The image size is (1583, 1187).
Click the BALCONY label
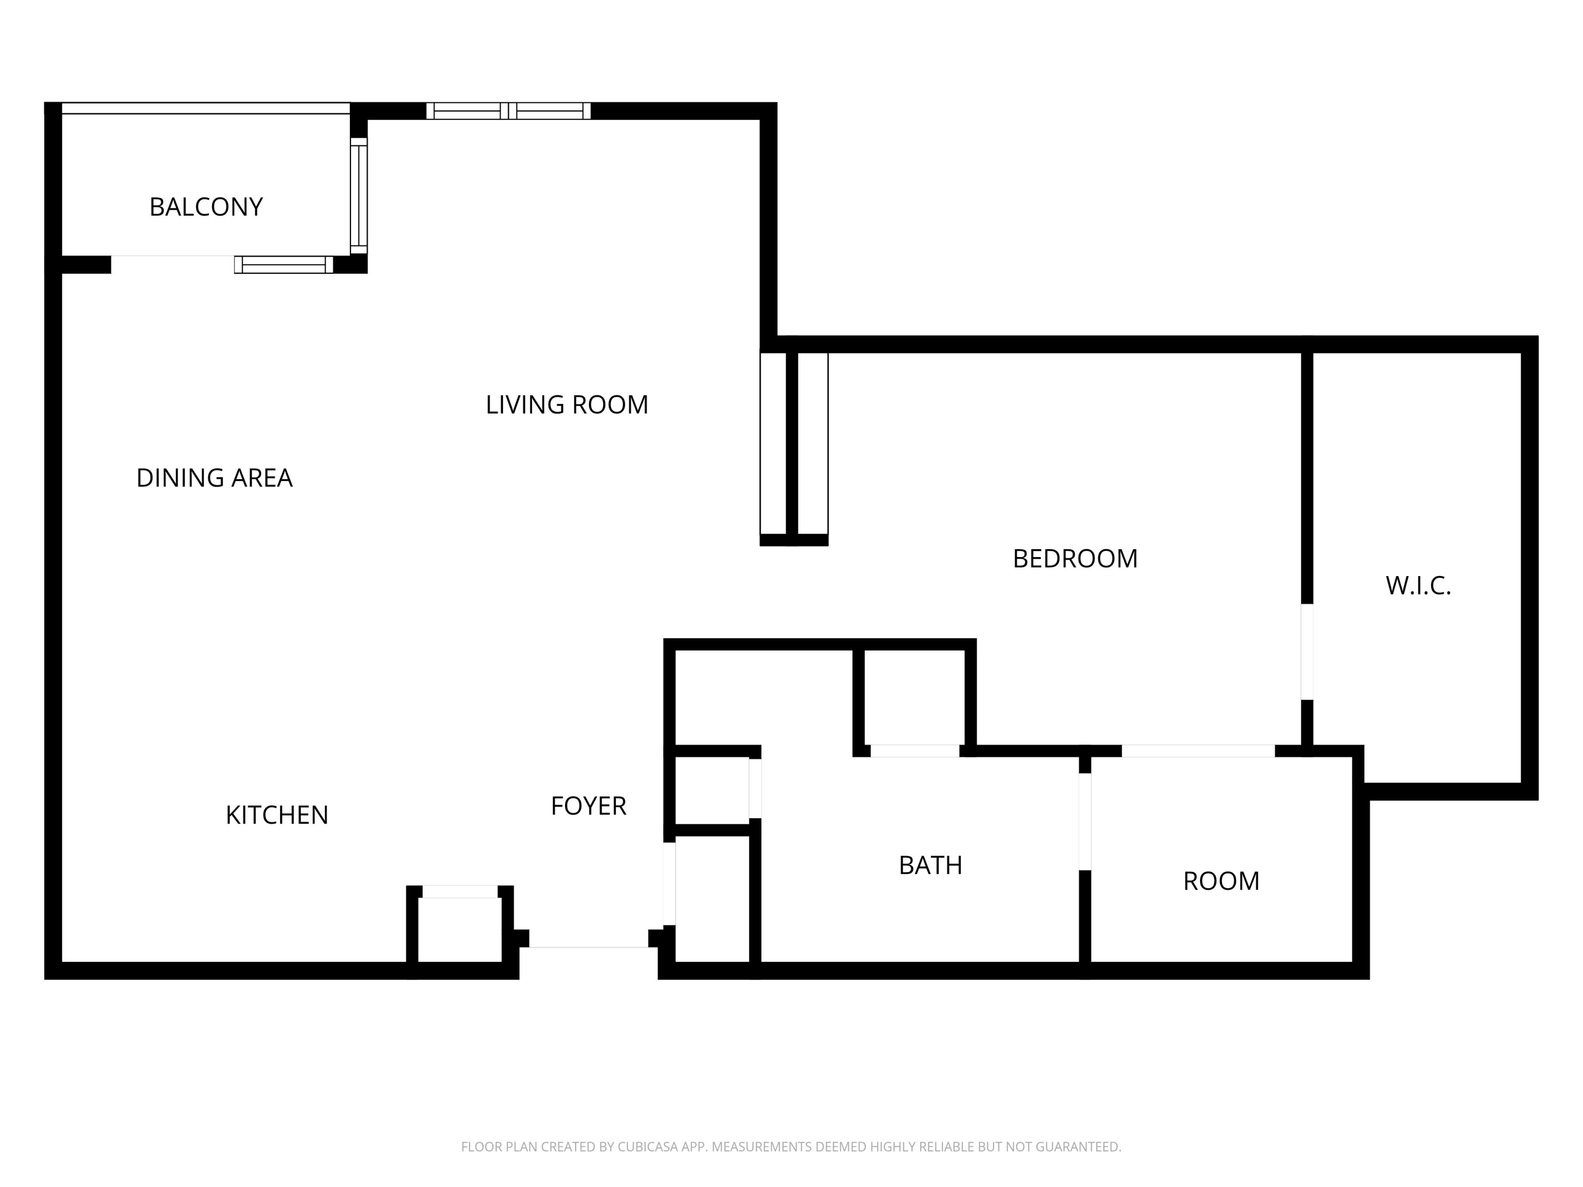point(206,207)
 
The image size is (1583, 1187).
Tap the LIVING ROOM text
point(567,405)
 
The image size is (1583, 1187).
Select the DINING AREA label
point(214,478)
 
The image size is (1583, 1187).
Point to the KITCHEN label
point(277,815)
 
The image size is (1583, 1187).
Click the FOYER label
point(588,806)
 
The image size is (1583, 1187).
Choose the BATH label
point(930,866)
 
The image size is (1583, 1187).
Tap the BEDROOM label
point(1075,559)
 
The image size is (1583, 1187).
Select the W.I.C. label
point(1418,586)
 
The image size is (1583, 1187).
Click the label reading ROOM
point(1221,882)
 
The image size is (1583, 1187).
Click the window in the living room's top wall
point(508,111)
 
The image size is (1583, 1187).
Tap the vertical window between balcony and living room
point(358,195)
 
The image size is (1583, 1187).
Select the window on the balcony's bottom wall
point(283,265)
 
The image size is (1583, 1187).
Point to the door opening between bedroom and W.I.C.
point(1307,652)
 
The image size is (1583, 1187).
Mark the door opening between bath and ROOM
point(1085,821)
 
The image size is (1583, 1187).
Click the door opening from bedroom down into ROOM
point(1197,751)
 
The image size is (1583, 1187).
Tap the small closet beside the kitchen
point(460,930)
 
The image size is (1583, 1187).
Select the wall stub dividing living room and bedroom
point(792,447)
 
